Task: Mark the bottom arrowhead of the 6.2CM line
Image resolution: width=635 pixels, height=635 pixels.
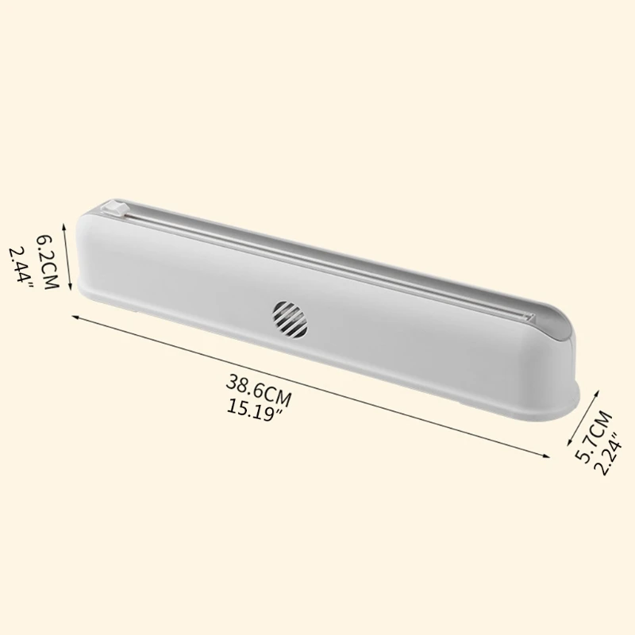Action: pyautogui.click(x=70, y=288)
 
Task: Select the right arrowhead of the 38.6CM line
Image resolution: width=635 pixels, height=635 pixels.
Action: pyautogui.click(x=548, y=455)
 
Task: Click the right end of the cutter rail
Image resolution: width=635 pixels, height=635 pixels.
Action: pyautogui.click(x=525, y=316)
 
